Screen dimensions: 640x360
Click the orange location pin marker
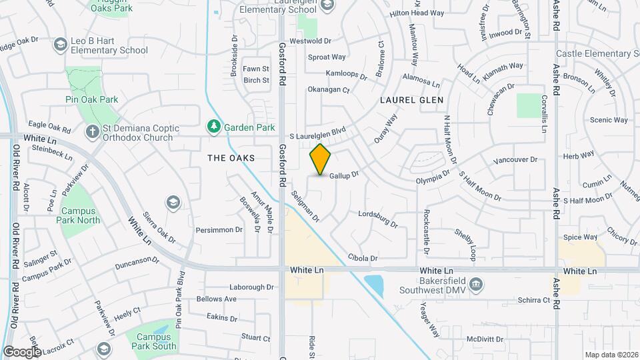(x=321, y=159)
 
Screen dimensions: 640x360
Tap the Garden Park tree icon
(x=213, y=125)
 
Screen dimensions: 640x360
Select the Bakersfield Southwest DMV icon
(x=475, y=285)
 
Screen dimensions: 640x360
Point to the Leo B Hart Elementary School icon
(x=60, y=44)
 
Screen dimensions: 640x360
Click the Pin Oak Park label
(x=92, y=99)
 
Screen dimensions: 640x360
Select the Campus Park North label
(x=81, y=215)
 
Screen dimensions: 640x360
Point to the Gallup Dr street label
(x=344, y=174)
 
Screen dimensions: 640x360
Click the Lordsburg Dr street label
(x=377, y=219)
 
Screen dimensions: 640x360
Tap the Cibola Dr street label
(x=363, y=257)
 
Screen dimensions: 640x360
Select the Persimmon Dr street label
(x=219, y=230)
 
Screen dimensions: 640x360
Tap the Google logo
(x=22, y=351)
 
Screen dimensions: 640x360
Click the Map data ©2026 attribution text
(x=611, y=355)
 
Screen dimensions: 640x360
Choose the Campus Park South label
(x=154, y=341)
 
